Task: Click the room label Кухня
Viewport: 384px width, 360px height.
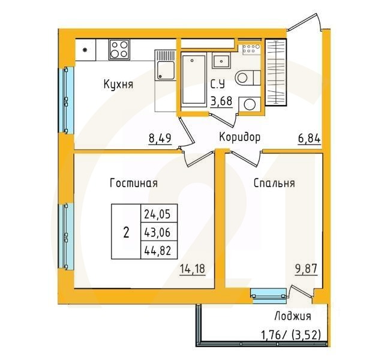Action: pyautogui.click(x=117, y=85)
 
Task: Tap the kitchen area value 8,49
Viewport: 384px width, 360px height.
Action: pyautogui.click(x=160, y=139)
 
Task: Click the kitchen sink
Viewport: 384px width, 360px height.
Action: pyautogui.click(x=163, y=67)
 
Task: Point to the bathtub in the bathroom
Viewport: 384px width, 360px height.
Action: pyautogui.click(x=193, y=80)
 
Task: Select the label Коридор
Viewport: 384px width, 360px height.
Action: pyautogui.click(x=239, y=137)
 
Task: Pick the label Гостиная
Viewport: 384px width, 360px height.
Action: pyautogui.click(x=133, y=184)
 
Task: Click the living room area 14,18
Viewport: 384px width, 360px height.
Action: pyautogui.click(x=193, y=269)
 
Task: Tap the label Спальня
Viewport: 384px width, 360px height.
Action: pyautogui.click(x=274, y=184)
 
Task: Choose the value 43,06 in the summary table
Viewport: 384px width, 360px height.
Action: pyautogui.click(x=156, y=232)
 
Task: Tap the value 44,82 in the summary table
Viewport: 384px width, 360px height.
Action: pyautogui.click(x=156, y=250)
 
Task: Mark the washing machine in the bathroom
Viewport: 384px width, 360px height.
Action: pyautogui.click(x=247, y=104)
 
